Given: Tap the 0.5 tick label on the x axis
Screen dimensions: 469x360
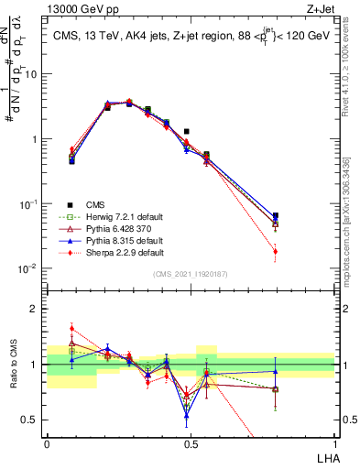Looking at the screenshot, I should [x=191, y=443].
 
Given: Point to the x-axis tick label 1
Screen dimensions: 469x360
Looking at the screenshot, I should [x=334, y=443].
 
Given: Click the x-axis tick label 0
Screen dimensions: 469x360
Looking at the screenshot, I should [x=47, y=443].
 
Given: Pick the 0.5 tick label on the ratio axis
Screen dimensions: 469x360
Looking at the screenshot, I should [x=33, y=420].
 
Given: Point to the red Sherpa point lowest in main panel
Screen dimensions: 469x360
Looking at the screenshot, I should [x=277, y=251].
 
